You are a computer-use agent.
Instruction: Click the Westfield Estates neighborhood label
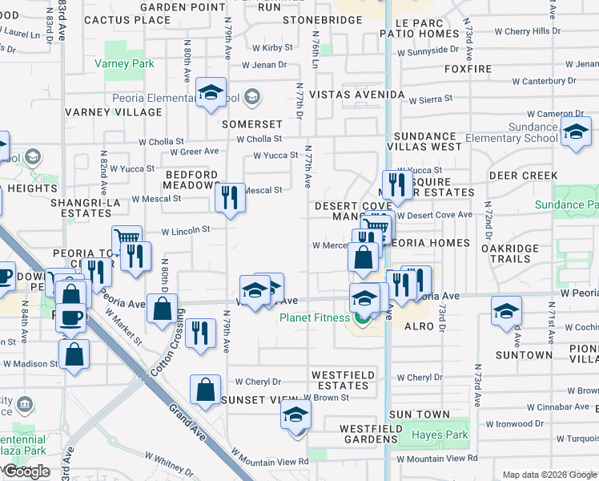point(340,380)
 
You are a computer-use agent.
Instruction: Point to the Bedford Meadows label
point(191,180)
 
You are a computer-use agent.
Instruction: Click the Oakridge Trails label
point(516,253)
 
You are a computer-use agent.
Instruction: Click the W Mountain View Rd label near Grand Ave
point(269,461)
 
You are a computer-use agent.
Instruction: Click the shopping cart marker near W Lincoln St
point(127,240)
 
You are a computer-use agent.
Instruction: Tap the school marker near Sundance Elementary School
point(576,132)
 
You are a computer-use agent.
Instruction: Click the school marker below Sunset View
point(295,416)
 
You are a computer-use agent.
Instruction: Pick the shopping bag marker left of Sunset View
point(205,390)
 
